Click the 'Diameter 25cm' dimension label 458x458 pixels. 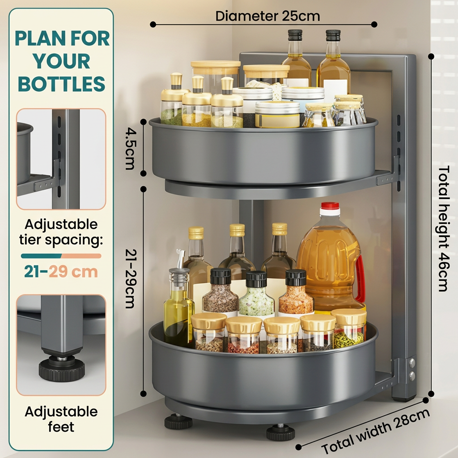point(267,16)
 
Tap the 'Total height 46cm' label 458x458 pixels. point(443,229)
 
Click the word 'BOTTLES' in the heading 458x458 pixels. point(62,84)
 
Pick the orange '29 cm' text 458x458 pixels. point(73,272)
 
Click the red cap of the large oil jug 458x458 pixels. point(330,206)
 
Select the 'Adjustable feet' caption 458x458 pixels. point(61,419)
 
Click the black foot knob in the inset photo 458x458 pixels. point(62,368)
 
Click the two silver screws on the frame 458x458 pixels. point(412,369)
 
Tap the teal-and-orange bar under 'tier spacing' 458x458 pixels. point(61,256)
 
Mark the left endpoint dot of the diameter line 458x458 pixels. point(153,25)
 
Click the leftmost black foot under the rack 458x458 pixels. point(178,422)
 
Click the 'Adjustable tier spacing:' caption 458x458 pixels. point(61,232)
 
